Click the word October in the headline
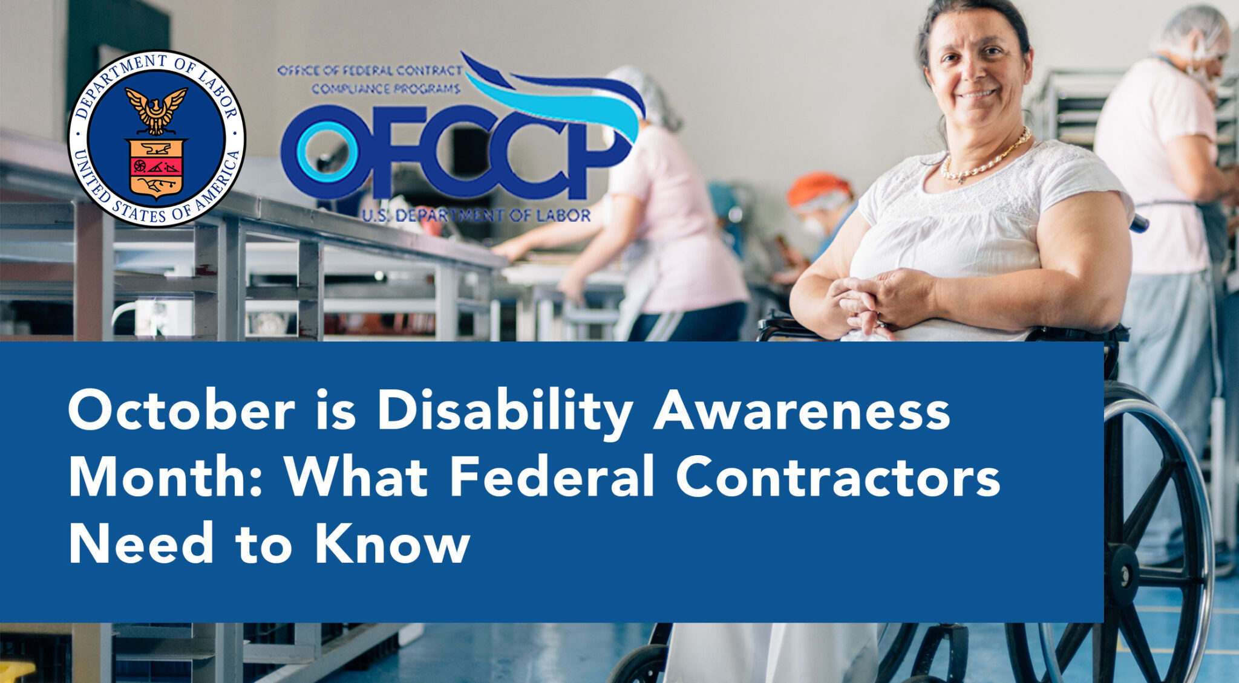pos(181,411)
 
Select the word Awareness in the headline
pos(802,411)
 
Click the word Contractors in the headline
pos(839,477)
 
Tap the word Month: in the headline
pos(165,477)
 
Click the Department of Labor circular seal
pos(156,138)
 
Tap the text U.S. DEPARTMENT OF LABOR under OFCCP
pos(476,215)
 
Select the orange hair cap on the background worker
pos(818,183)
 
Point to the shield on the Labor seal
pos(156,168)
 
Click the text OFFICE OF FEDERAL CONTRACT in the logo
pos(370,71)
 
